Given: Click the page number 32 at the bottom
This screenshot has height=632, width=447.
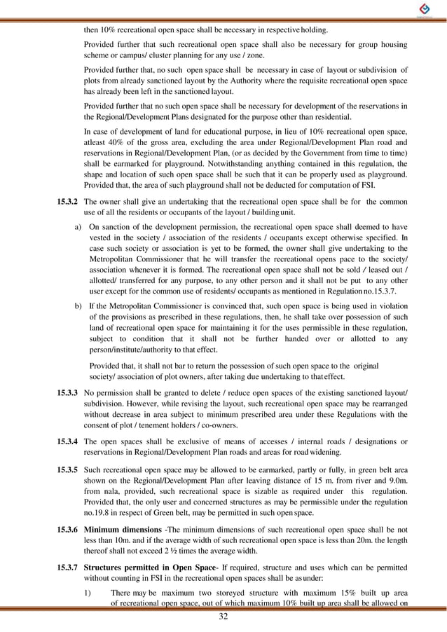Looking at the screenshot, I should (224, 617).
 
